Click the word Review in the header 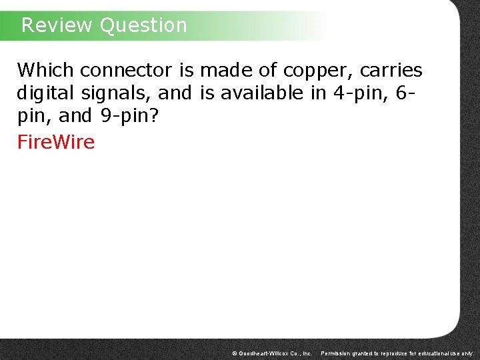(x=57, y=25)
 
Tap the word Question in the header (x=143, y=25)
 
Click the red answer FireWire (x=56, y=142)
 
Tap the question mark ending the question (x=156, y=116)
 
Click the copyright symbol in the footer (x=234, y=353)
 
